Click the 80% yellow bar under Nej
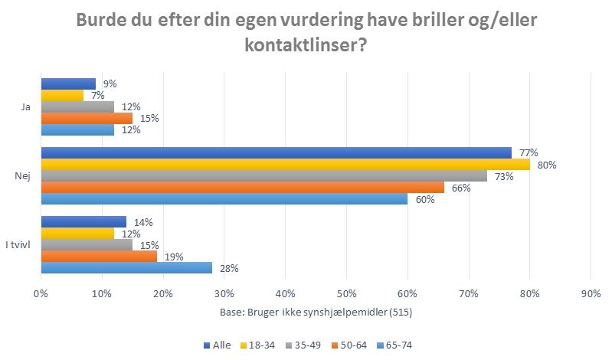[x=285, y=165]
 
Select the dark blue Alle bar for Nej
[x=276, y=153]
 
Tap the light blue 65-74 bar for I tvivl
[x=126, y=268]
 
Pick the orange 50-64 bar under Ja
[x=87, y=119]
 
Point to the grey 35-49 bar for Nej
[x=263, y=176]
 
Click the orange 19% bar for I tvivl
[x=99, y=257]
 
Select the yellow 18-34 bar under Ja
[x=62, y=96]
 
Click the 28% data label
[x=230, y=268]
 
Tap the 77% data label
[x=529, y=153]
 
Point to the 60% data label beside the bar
[x=425, y=200]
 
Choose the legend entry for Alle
[x=218, y=345]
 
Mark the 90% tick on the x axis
[x=591, y=293]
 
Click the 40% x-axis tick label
[x=285, y=293]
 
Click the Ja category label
[x=25, y=107]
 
